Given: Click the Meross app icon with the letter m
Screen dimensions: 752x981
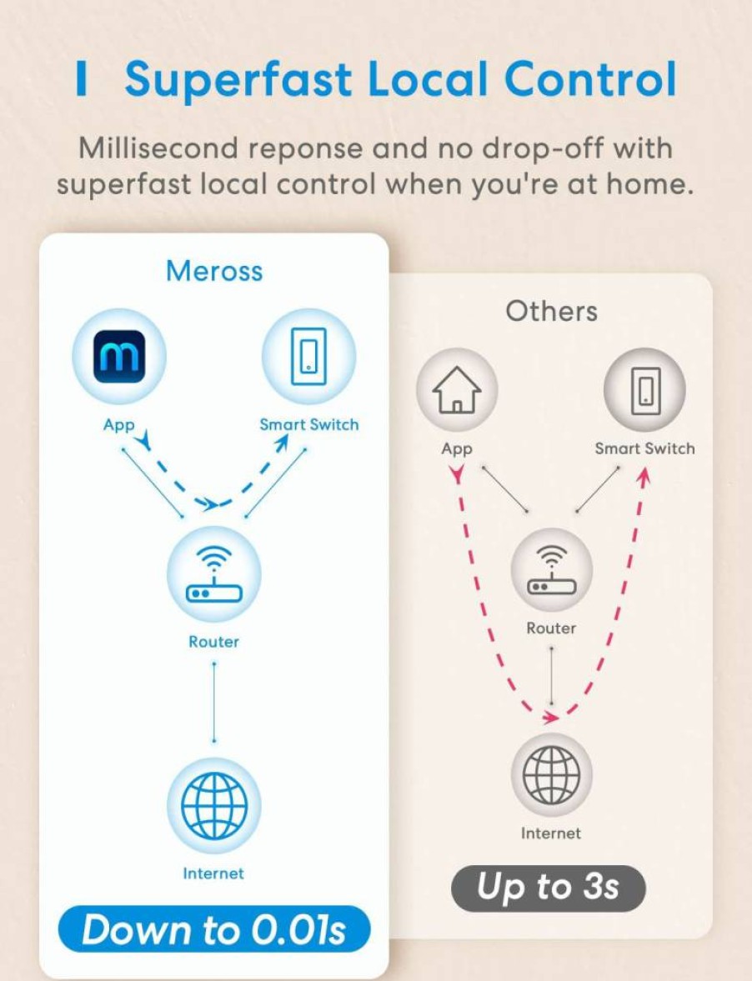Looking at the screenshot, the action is click(119, 356).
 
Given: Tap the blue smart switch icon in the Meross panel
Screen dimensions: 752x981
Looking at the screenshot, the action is click(308, 356).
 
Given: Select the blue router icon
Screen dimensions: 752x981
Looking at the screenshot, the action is click(213, 574).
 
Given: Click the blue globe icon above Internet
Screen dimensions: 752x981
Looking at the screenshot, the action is click(214, 804).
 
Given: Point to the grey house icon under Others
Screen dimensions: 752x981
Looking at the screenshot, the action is click(458, 389).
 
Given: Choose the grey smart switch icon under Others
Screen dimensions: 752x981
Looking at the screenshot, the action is click(645, 389).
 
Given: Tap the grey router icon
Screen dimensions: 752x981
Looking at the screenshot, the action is click(551, 569).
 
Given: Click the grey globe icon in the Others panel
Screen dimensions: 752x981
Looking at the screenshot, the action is click(551, 773).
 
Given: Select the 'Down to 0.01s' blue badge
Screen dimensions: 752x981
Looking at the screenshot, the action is click(214, 929).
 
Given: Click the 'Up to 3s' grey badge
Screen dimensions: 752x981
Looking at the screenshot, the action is click(548, 888).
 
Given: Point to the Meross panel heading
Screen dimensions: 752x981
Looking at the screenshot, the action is click(214, 271).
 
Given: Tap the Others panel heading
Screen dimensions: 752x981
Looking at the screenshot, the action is click(551, 311).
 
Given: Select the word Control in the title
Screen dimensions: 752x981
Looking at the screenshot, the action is click(590, 79).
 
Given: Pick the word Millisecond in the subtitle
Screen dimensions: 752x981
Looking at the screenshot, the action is click(158, 148).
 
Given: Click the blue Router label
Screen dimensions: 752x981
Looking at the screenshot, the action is click(214, 641).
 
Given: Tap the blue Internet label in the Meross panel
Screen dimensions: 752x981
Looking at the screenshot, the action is click(213, 873).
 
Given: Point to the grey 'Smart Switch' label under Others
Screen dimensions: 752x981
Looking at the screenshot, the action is click(644, 448).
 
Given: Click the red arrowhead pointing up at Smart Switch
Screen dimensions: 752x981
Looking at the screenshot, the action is click(644, 476).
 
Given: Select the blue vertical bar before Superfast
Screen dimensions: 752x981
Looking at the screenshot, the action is click(81, 79).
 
